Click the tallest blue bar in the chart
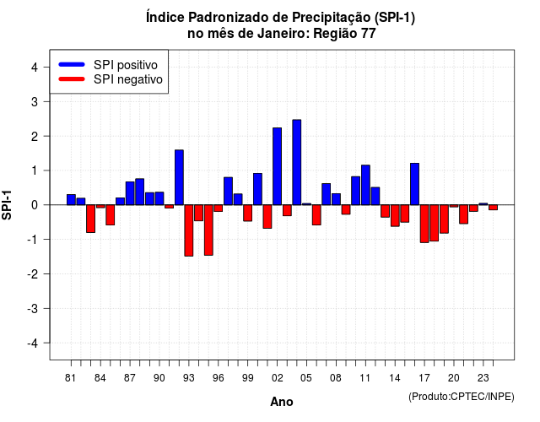coord(296,162)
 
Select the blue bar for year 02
coord(277,166)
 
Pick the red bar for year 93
coord(189,230)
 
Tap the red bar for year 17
coord(424,224)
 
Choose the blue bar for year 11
coord(365,185)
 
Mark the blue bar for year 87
coord(130,193)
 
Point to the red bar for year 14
coord(395,216)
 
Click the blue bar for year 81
coord(71,200)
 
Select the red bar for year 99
coord(247,213)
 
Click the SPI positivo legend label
coord(126,65)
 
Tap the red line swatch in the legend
coord(72,78)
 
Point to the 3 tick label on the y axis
coord(35,101)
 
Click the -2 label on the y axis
coord(32,273)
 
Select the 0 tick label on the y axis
coord(35,205)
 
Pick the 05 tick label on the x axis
coord(306,378)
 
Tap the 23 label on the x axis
coord(483,378)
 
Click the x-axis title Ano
coord(282,402)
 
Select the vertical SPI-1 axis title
coord(7,205)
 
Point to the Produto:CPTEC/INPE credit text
coord(462,397)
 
